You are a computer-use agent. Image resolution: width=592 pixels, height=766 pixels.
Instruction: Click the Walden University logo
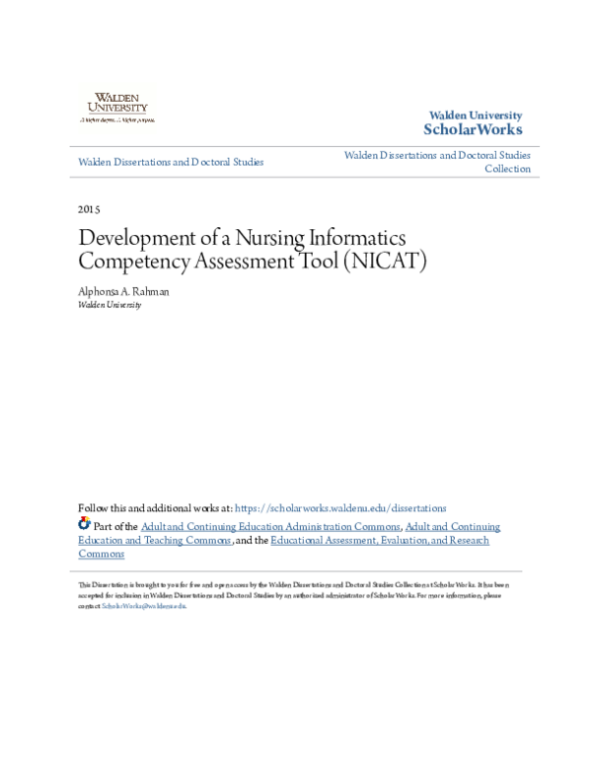(116, 105)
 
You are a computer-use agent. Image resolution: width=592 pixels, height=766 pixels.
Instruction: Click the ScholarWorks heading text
(473, 129)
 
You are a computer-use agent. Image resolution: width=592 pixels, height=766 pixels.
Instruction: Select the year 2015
(89, 209)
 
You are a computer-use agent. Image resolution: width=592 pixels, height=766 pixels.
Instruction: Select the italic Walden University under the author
(110, 305)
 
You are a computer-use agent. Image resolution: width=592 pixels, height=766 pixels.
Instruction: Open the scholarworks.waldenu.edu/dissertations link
(340, 508)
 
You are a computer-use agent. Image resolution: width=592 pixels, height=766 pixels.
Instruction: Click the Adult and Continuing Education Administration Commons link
(270, 527)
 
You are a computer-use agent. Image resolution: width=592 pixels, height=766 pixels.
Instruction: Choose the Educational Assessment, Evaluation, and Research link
(381, 540)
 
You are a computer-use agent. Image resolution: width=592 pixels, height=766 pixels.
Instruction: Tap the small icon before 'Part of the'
(84, 525)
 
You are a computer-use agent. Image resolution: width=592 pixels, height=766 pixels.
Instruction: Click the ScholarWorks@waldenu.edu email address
(144, 605)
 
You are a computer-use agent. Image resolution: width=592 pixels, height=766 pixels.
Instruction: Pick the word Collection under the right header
(507, 169)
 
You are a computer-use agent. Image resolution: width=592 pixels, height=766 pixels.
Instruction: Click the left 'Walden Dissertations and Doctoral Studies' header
(171, 161)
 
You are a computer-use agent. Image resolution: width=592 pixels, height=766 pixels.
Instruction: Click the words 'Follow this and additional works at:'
(155, 508)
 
